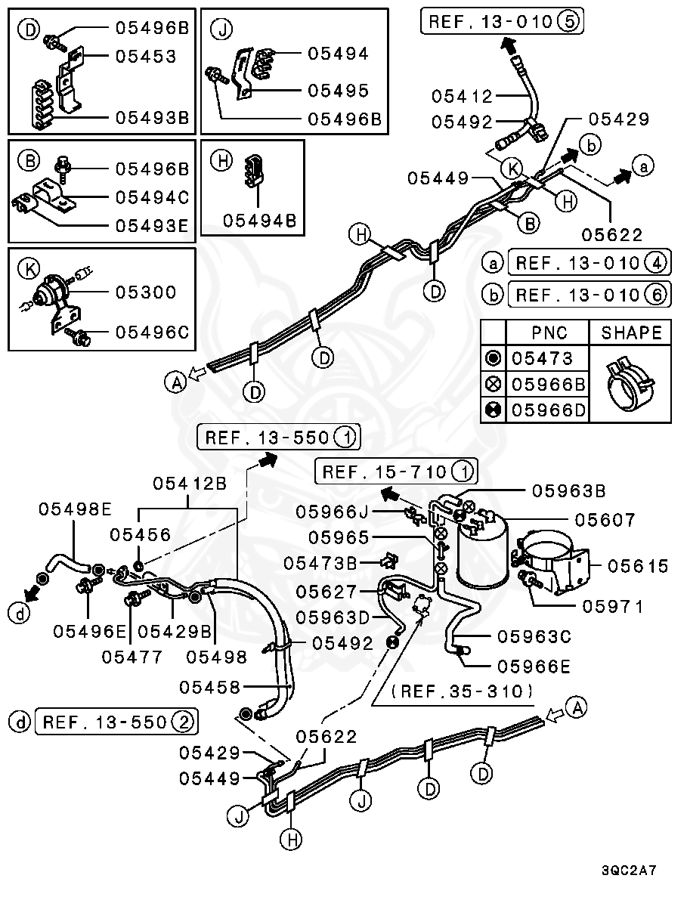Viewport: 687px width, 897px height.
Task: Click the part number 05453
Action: tap(145, 57)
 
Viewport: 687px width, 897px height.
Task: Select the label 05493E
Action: tap(151, 225)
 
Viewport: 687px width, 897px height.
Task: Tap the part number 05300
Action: tap(145, 292)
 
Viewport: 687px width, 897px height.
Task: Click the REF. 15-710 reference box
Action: tap(398, 472)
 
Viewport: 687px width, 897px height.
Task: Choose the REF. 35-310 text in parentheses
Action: tap(463, 691)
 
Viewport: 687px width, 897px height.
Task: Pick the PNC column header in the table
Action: tap(549, 333)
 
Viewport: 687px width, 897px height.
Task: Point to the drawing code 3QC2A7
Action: tap(629, 871)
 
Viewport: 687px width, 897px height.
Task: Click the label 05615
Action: tap(639, 566)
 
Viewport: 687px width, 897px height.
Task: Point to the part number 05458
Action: tap(210, 688)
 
